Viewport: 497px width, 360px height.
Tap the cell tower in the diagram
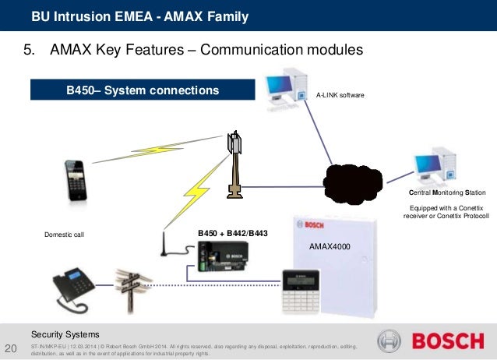(x=232, y=164)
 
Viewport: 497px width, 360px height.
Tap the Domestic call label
(x=64, y=233)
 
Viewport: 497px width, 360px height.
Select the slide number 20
(x=11, y=348)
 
